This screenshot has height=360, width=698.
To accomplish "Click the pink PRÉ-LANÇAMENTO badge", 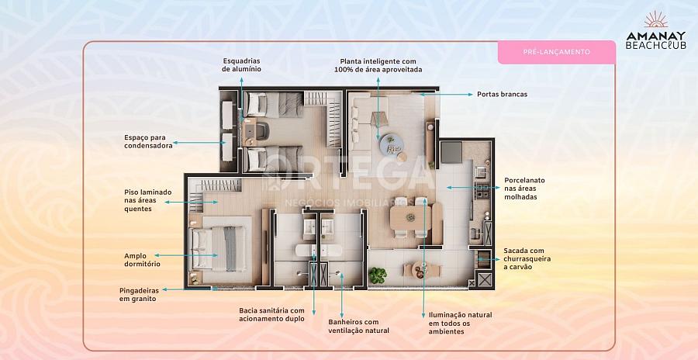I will pyautogui.click(x=556, y=52).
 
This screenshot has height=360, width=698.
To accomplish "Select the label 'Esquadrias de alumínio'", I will pyautogui.click(x=241, y=64).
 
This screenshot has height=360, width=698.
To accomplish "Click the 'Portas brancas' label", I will pyautogui.click(x=502, y=94).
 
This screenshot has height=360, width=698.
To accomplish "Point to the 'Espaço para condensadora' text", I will pyautogui.click(x=148, y=141).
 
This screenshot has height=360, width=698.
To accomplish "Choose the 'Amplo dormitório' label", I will pyautogui.click(x=141, y=258).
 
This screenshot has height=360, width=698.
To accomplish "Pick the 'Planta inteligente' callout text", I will pyautogui.click(x=378, y=65).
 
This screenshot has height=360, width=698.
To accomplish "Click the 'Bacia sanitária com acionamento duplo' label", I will pyautogui.click(x=271, y=314).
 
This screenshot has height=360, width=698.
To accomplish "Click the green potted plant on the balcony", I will pyautogui.click(x=378, y=274).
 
